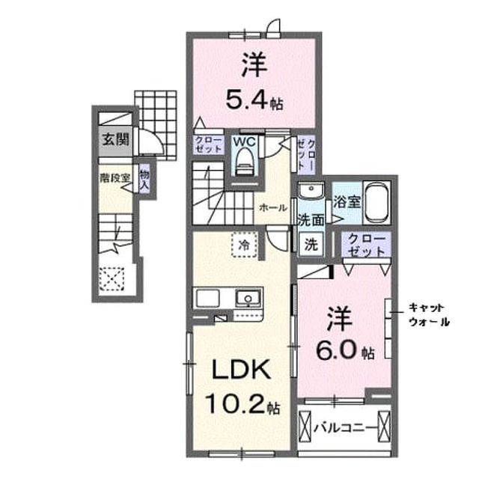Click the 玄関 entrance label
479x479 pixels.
click(115, 140)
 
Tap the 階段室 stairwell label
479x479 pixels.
click(115, 178)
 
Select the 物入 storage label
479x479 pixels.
click(144, 179)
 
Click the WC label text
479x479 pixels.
click(244, 141)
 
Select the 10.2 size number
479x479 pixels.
click(235, 403)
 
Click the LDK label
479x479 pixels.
click(241, 369)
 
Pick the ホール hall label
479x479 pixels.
click(272, 208)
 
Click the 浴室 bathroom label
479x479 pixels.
click(347, 201)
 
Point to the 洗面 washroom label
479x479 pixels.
click(311, 221)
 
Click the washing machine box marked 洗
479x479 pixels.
click(311, 243)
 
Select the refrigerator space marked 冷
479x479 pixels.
click(245, 245)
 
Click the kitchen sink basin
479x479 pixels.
click(248, 298)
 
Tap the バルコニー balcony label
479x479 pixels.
click(344, 428)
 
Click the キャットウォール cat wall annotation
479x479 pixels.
click(429, 314)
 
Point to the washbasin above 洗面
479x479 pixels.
click(311, 191)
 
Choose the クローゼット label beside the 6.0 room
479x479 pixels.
click(366, 245)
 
